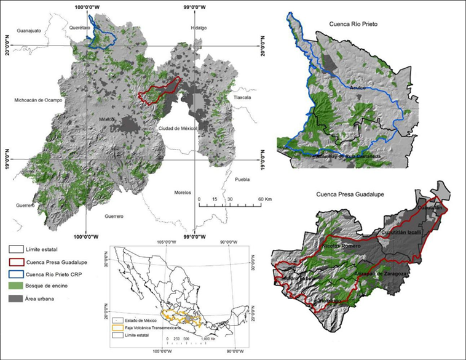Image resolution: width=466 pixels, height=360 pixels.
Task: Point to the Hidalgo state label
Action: [198, 28]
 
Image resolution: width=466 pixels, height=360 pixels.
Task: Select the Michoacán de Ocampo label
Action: [37, 100]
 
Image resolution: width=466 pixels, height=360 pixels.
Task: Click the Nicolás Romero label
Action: [341, 246]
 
